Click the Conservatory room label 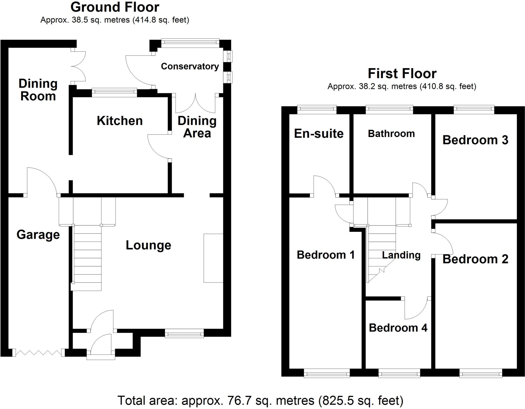(x=190, y=66)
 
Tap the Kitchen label (x=120, y=121)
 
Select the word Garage (x=38, y=235)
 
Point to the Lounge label (x=148, y=246)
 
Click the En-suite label (x=319, y=134)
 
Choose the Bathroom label (x=391, y=134)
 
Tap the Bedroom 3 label (x=475, y=140)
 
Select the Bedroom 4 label (x=398, y=328)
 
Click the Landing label (x=401, y=255)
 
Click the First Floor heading (x=402, y=74)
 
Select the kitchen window (x=114, y=92)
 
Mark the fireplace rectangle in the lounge (x=213, y=258)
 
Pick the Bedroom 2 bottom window (x=481, y=373)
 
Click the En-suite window (x=317, y=110)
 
